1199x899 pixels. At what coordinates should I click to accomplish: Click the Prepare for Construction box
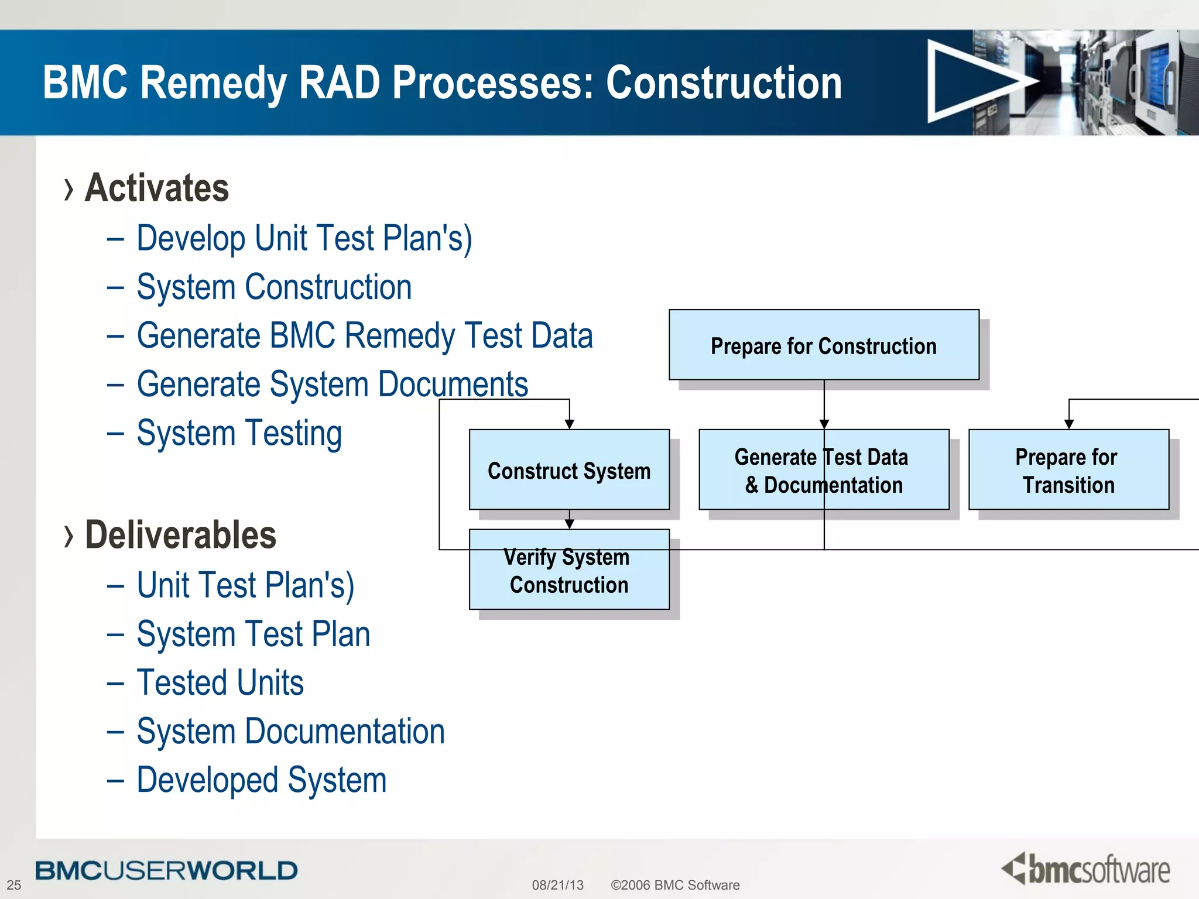click(824, 345)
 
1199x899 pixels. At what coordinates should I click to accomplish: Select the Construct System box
click(569, 470)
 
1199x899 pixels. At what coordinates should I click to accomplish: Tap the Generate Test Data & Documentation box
click(824, 470)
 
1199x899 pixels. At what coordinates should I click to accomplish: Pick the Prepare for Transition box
click(1068, 470)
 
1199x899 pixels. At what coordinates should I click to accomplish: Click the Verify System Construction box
click(569, 570)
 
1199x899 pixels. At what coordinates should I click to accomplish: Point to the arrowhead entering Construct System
click(569, 424)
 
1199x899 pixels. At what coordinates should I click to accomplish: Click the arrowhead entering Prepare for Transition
click(1068, 424)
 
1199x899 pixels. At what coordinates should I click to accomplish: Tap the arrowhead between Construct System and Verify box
click(569, 524)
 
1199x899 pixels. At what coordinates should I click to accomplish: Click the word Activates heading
click(157, 188)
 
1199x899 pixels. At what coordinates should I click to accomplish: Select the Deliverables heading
click(180, 535)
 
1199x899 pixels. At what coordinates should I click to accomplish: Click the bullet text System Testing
click(239, 433)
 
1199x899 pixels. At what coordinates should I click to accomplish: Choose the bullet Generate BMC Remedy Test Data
click(364, 336)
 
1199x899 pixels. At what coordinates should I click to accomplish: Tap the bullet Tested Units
click(220, 682)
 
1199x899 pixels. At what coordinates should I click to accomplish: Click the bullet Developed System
click(261, 780)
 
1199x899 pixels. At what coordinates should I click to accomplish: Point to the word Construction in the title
click(724, 83)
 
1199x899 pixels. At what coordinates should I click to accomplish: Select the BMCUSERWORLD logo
click(166, 870)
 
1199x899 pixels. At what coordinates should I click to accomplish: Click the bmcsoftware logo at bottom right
click(1087, 869)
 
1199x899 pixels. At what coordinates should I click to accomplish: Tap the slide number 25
click(14, 885)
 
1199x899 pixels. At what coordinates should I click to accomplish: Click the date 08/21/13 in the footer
click(557, 885)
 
